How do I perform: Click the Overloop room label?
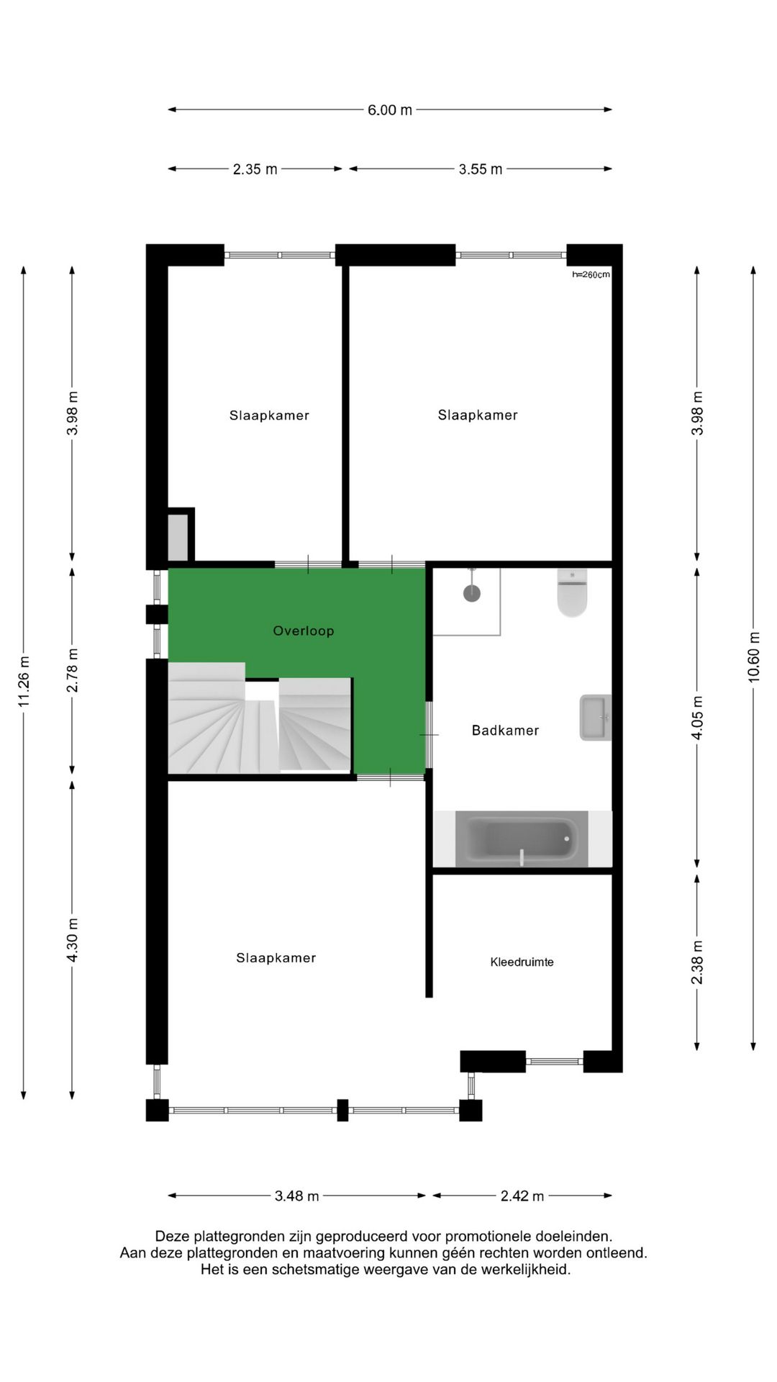point(303,631)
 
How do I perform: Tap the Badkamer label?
point(505,731)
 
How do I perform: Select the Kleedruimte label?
point(522,962)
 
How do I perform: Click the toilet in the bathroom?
point(572,593)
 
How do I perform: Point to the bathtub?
point(522,839)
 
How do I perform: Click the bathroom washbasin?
point(595,718)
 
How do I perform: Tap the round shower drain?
point(472,594)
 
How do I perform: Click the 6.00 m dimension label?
point(390,110)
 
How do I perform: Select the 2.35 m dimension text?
point(255,169)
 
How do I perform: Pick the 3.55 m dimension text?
point(481,169)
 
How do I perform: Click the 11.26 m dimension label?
point(24,681)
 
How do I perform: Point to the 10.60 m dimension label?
point(753,656)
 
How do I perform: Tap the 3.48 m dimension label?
point(296,1196)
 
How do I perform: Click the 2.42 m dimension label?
point(522,1196)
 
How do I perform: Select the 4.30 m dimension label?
point(72,940)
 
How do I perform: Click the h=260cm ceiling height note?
point(591,275)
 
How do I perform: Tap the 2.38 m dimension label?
point(696,962)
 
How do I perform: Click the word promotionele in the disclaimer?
point(489,1237)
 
